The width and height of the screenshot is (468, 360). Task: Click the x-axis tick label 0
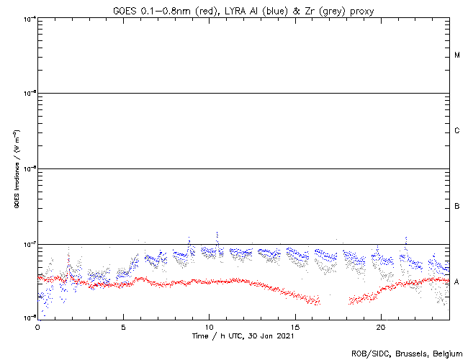pos(37,327)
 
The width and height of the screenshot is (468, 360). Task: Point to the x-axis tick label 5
pos(123,327)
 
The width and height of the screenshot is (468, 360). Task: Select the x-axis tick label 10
pos(209,327)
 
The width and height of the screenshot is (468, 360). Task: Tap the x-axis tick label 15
pos(294,327)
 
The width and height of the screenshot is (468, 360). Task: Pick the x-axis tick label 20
pos(380,327)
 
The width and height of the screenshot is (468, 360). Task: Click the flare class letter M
pos(457,55)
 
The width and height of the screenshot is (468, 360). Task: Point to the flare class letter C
pos(457,131)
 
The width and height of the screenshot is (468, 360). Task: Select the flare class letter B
pos(457,207)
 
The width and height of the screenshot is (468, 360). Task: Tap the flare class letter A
pos(457,282)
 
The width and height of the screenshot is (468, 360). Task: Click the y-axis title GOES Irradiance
pos(16,169)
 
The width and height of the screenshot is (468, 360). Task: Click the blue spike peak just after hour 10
pos(217,233)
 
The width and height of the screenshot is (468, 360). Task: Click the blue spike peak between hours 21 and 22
pos(406,237)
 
